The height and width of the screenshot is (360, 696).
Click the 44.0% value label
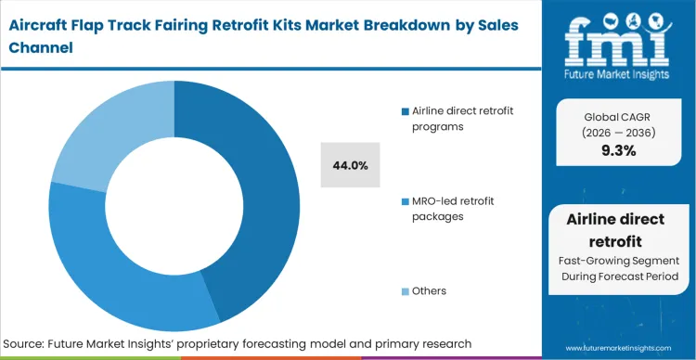pyautogui.click(x=350, y=166)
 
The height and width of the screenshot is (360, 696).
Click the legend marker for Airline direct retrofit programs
pyautogui.click(x=405, y=112)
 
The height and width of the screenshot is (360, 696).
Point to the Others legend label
pyautogui.click(x=429, y=291)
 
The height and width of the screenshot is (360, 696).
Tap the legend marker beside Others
pyautogui.click(x=405, y=291)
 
